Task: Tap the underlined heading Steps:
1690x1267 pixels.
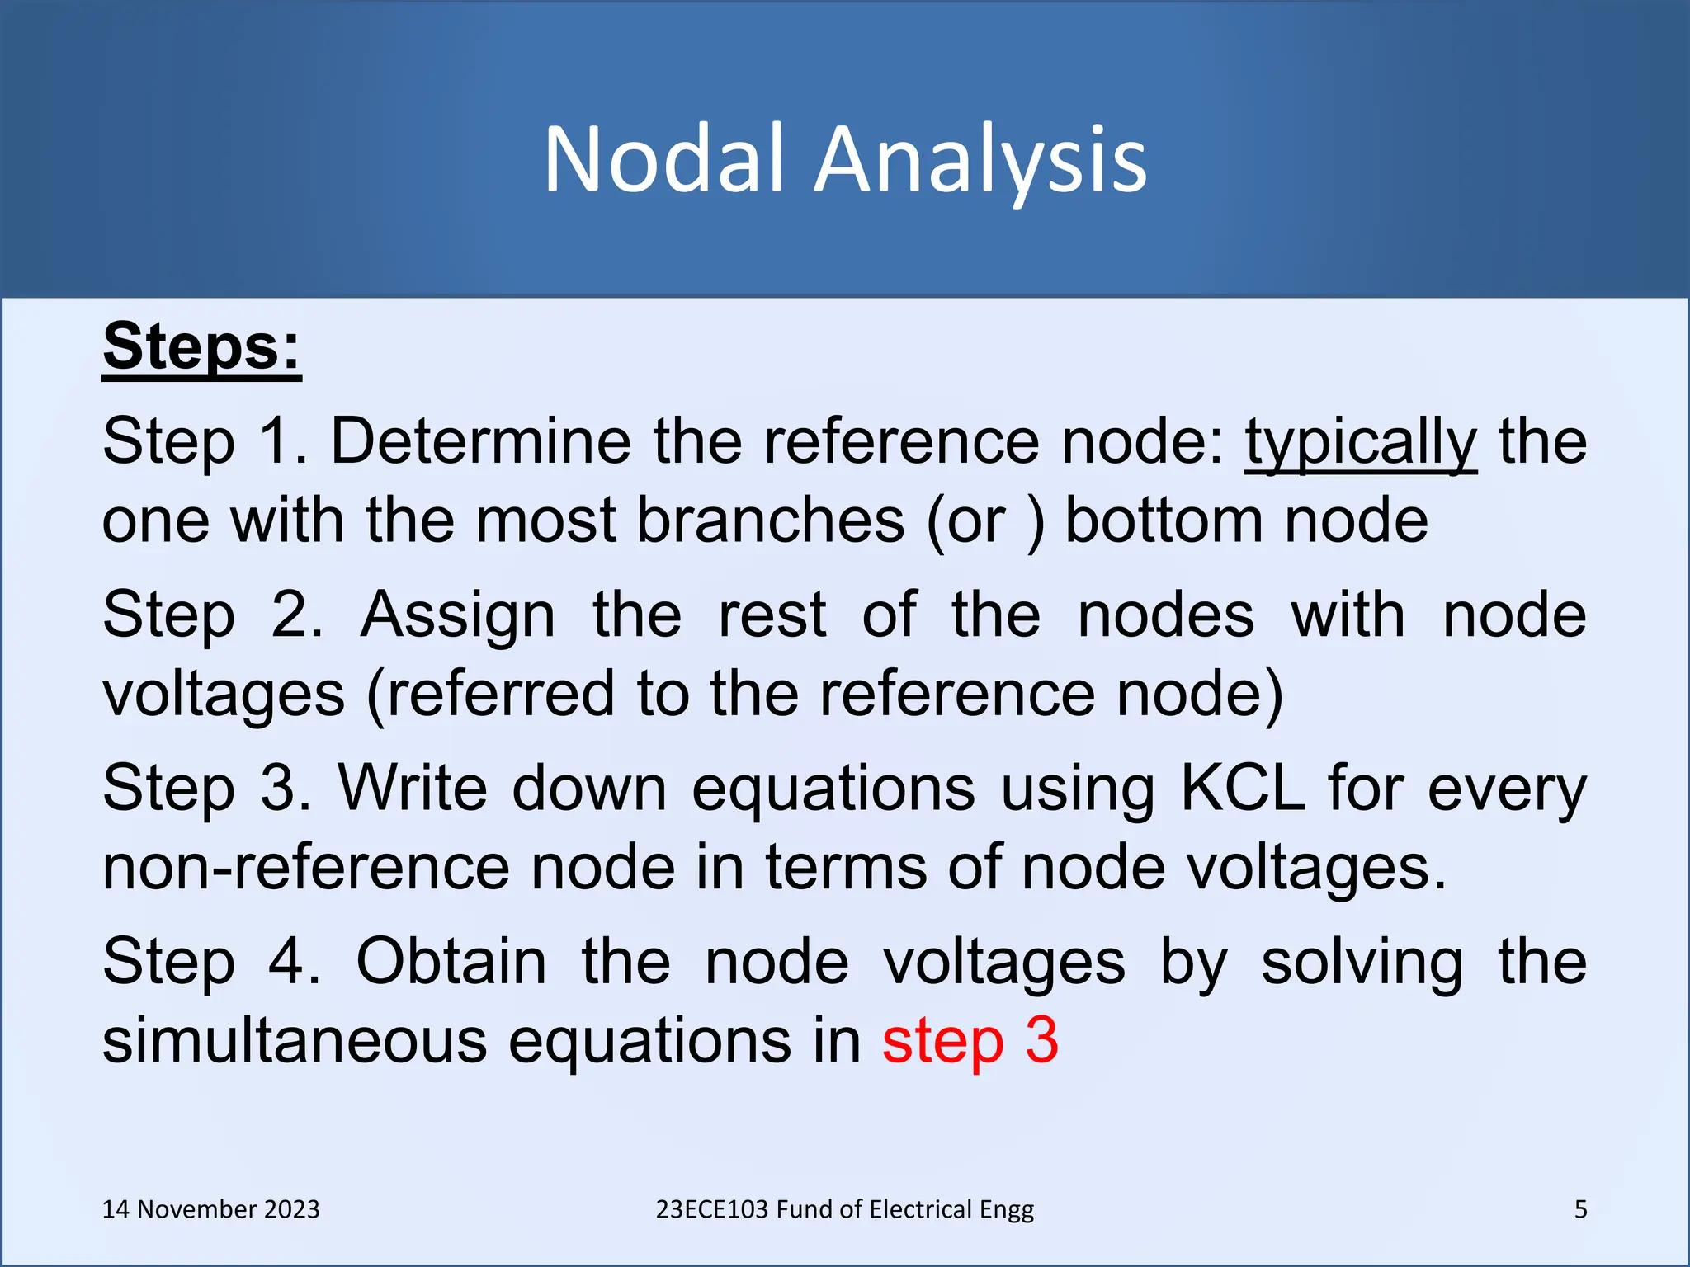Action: [201, 346]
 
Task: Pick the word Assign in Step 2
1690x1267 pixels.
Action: [457, 615]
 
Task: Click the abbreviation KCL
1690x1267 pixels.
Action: [1243, 788]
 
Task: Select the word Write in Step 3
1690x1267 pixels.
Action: [413, 788]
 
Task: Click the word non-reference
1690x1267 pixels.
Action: [306, 867]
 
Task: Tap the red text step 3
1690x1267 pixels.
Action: [970, 1040]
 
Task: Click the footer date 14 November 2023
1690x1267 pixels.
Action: [210, 1209]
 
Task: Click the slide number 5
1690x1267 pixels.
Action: [1580, 1209]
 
